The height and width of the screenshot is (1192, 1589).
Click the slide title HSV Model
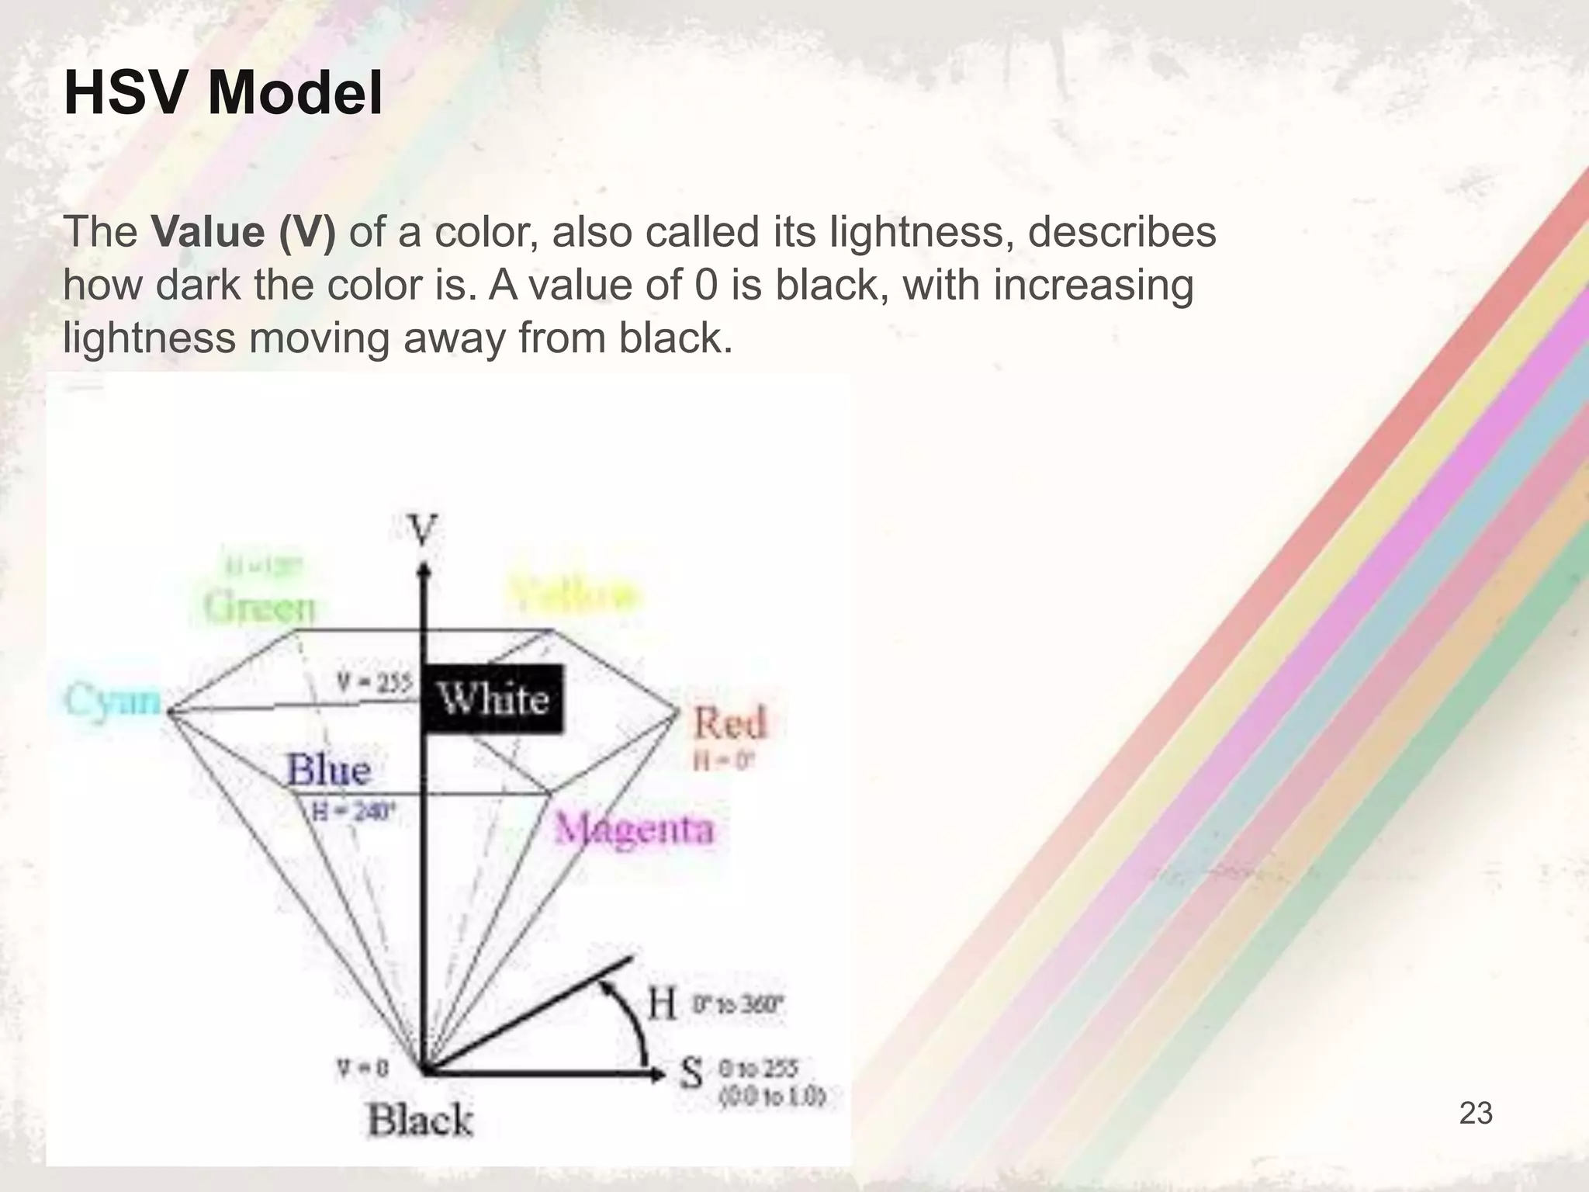(x=223, y=93)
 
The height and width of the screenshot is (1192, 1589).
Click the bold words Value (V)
(x=244, y=231)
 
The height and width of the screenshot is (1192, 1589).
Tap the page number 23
(x=1475, y=1113)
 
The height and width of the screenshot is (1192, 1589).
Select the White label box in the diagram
(x=493, y=698)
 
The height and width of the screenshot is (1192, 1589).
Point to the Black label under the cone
(x=420, y=1120)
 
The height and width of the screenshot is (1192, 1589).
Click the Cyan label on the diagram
(x=113, y=700)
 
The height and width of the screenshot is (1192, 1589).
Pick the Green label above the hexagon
(x=260, y=606)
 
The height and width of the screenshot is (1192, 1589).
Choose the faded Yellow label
(x=574, y=596)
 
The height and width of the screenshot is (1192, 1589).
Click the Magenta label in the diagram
(x=634, y=829)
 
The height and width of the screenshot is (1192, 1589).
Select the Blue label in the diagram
(x=329, y=769)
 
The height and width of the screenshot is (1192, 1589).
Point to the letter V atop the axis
(x=423, y=530)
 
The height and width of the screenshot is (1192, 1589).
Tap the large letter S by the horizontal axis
(x=691, y=1073)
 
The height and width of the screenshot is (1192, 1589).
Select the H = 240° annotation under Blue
(x=354, y=812)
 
